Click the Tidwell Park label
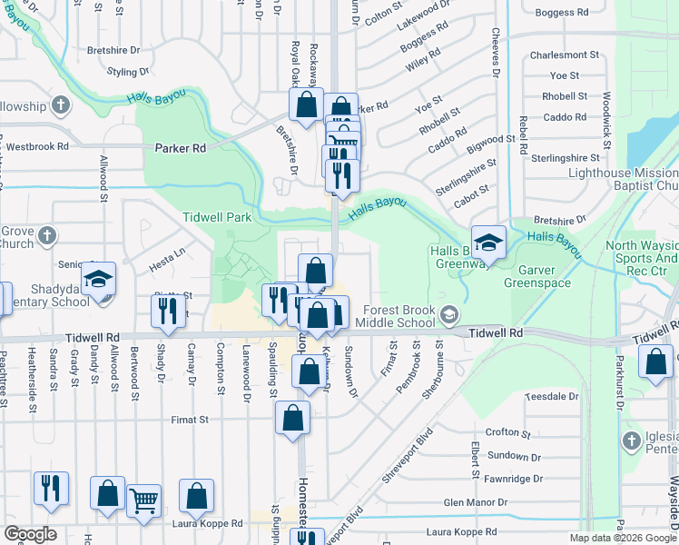(216, 218)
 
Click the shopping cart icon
(144, 499)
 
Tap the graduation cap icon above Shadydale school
(99, 278)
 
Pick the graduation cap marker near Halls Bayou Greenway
(488, 242)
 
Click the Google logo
(29, 534)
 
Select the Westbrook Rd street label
(37, 146)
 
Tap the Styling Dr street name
(128, 72)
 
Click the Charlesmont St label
(564, 54)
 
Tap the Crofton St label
(507, 433)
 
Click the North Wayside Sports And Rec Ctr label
(641, 259)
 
